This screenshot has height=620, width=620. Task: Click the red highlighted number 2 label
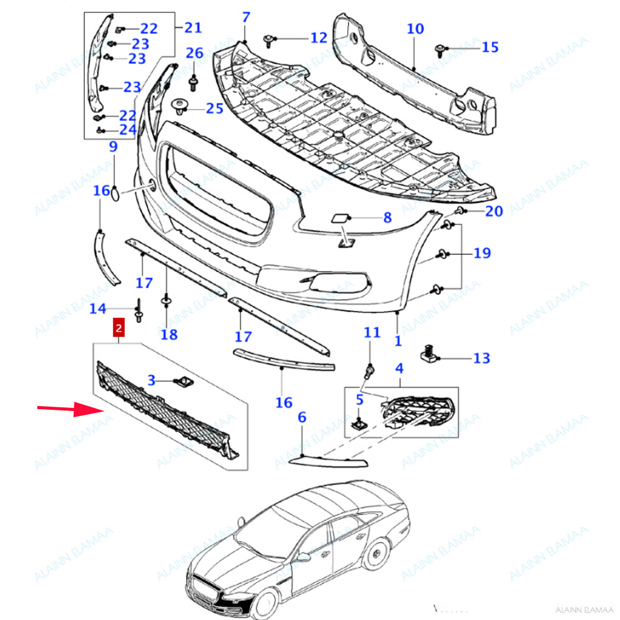point(118,327)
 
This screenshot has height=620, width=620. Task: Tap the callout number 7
point(246,17)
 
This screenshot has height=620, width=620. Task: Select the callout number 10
point(415,29)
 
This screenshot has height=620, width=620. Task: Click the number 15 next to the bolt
point(490,47)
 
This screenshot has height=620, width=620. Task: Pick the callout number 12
point(319,38)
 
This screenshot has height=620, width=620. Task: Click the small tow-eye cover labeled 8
point(340,218)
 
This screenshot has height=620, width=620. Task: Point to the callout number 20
point(494,211)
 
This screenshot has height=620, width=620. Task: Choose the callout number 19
point(482,253)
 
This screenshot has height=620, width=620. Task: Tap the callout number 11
point(371,333)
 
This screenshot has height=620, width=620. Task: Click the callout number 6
point(302,417)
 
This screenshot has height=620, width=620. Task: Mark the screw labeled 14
point(138,309)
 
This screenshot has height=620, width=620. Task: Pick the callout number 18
point(169,335)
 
